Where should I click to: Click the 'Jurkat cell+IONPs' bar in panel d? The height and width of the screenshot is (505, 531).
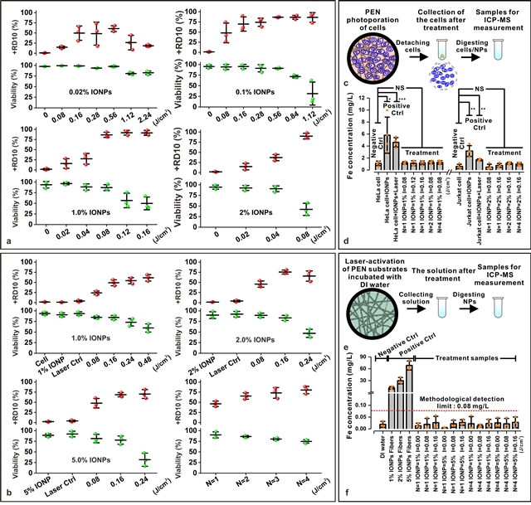(469, 158)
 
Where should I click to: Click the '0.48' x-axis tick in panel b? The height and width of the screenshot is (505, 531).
(149, 362)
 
